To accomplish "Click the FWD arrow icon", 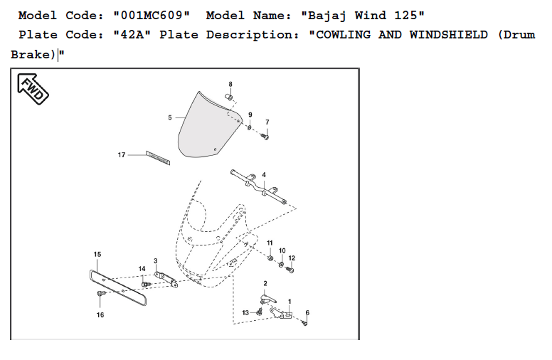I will (31, 89).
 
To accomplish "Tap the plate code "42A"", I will (132, 35).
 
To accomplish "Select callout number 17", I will (122, 154).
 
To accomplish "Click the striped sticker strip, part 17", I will (158, 157).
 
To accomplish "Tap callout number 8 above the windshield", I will (230, 85).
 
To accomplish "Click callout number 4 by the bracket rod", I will (264, 175).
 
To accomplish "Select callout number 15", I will (97, 254).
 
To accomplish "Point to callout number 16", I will (100, 314).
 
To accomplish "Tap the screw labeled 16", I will (100, 293).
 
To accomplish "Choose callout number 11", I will (270, 243).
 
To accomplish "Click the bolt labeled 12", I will (291, 270).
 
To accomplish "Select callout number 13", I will (245, 312).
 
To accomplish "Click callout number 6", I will (307, 313).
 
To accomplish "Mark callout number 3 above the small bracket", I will (156, 261).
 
